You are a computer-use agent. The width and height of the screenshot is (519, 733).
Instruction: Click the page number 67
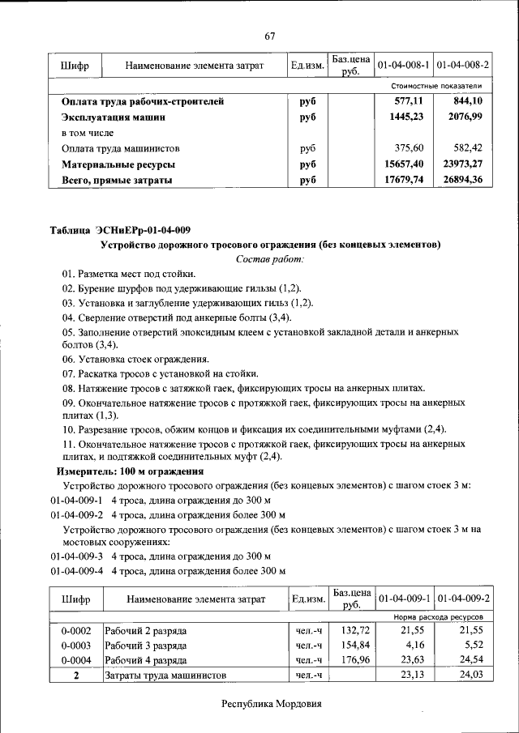tap(271, 36)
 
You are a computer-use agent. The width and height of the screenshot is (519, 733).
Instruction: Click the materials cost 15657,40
tap(404, 164)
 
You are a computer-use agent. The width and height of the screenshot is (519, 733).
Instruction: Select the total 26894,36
tap(462, 180)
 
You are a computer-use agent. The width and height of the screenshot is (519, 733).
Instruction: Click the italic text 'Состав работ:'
tap(270, 259)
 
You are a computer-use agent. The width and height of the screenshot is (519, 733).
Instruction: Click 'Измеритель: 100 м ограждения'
tap(130, 471)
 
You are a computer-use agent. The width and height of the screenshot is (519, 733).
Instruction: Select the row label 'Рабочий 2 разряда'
tap(146, 630)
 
